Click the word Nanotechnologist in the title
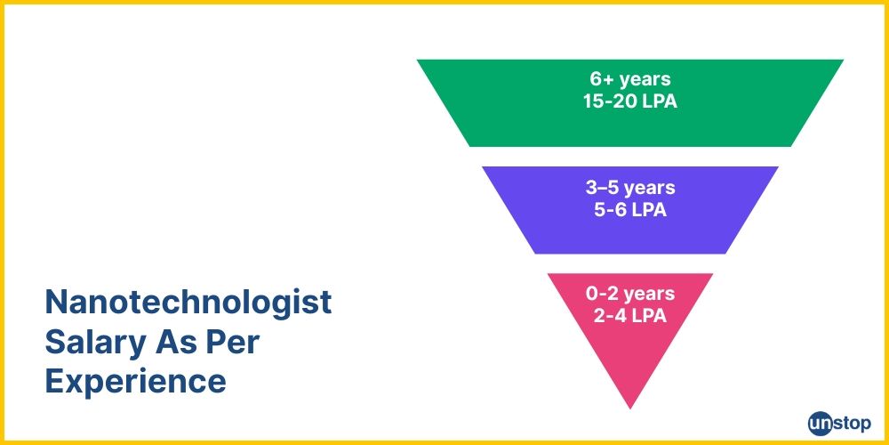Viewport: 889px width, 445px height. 188,303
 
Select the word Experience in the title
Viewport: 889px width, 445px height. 135,382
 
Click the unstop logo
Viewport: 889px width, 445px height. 839,423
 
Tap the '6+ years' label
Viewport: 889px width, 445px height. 629,80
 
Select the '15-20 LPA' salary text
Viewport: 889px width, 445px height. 629,101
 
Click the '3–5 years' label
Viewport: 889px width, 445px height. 629,188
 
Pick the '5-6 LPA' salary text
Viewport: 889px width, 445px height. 629,210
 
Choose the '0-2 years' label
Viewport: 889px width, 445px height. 629,294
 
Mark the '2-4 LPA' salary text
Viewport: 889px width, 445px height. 629,315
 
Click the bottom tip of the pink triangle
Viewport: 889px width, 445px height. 630,408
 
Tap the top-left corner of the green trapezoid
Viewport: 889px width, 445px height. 418,61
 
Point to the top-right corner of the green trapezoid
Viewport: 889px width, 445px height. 843,61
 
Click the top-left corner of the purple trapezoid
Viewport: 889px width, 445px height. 483,167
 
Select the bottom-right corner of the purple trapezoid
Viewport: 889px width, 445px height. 727,254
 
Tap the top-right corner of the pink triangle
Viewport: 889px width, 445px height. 713,274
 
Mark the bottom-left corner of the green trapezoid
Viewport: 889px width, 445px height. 469,146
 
